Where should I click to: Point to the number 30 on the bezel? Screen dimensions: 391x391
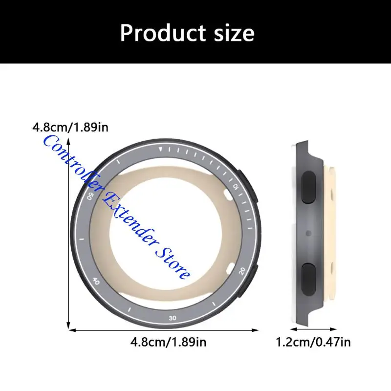click(x=172, y=318)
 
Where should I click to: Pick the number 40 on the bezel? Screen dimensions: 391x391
click(x=96, y=281)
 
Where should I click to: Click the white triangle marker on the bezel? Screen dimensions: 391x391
click(x=162, y=150)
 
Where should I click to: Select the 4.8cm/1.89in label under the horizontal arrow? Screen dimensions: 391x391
click(x=168, y=342)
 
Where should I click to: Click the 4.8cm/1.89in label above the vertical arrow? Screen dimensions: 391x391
click(x=70, y=128)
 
